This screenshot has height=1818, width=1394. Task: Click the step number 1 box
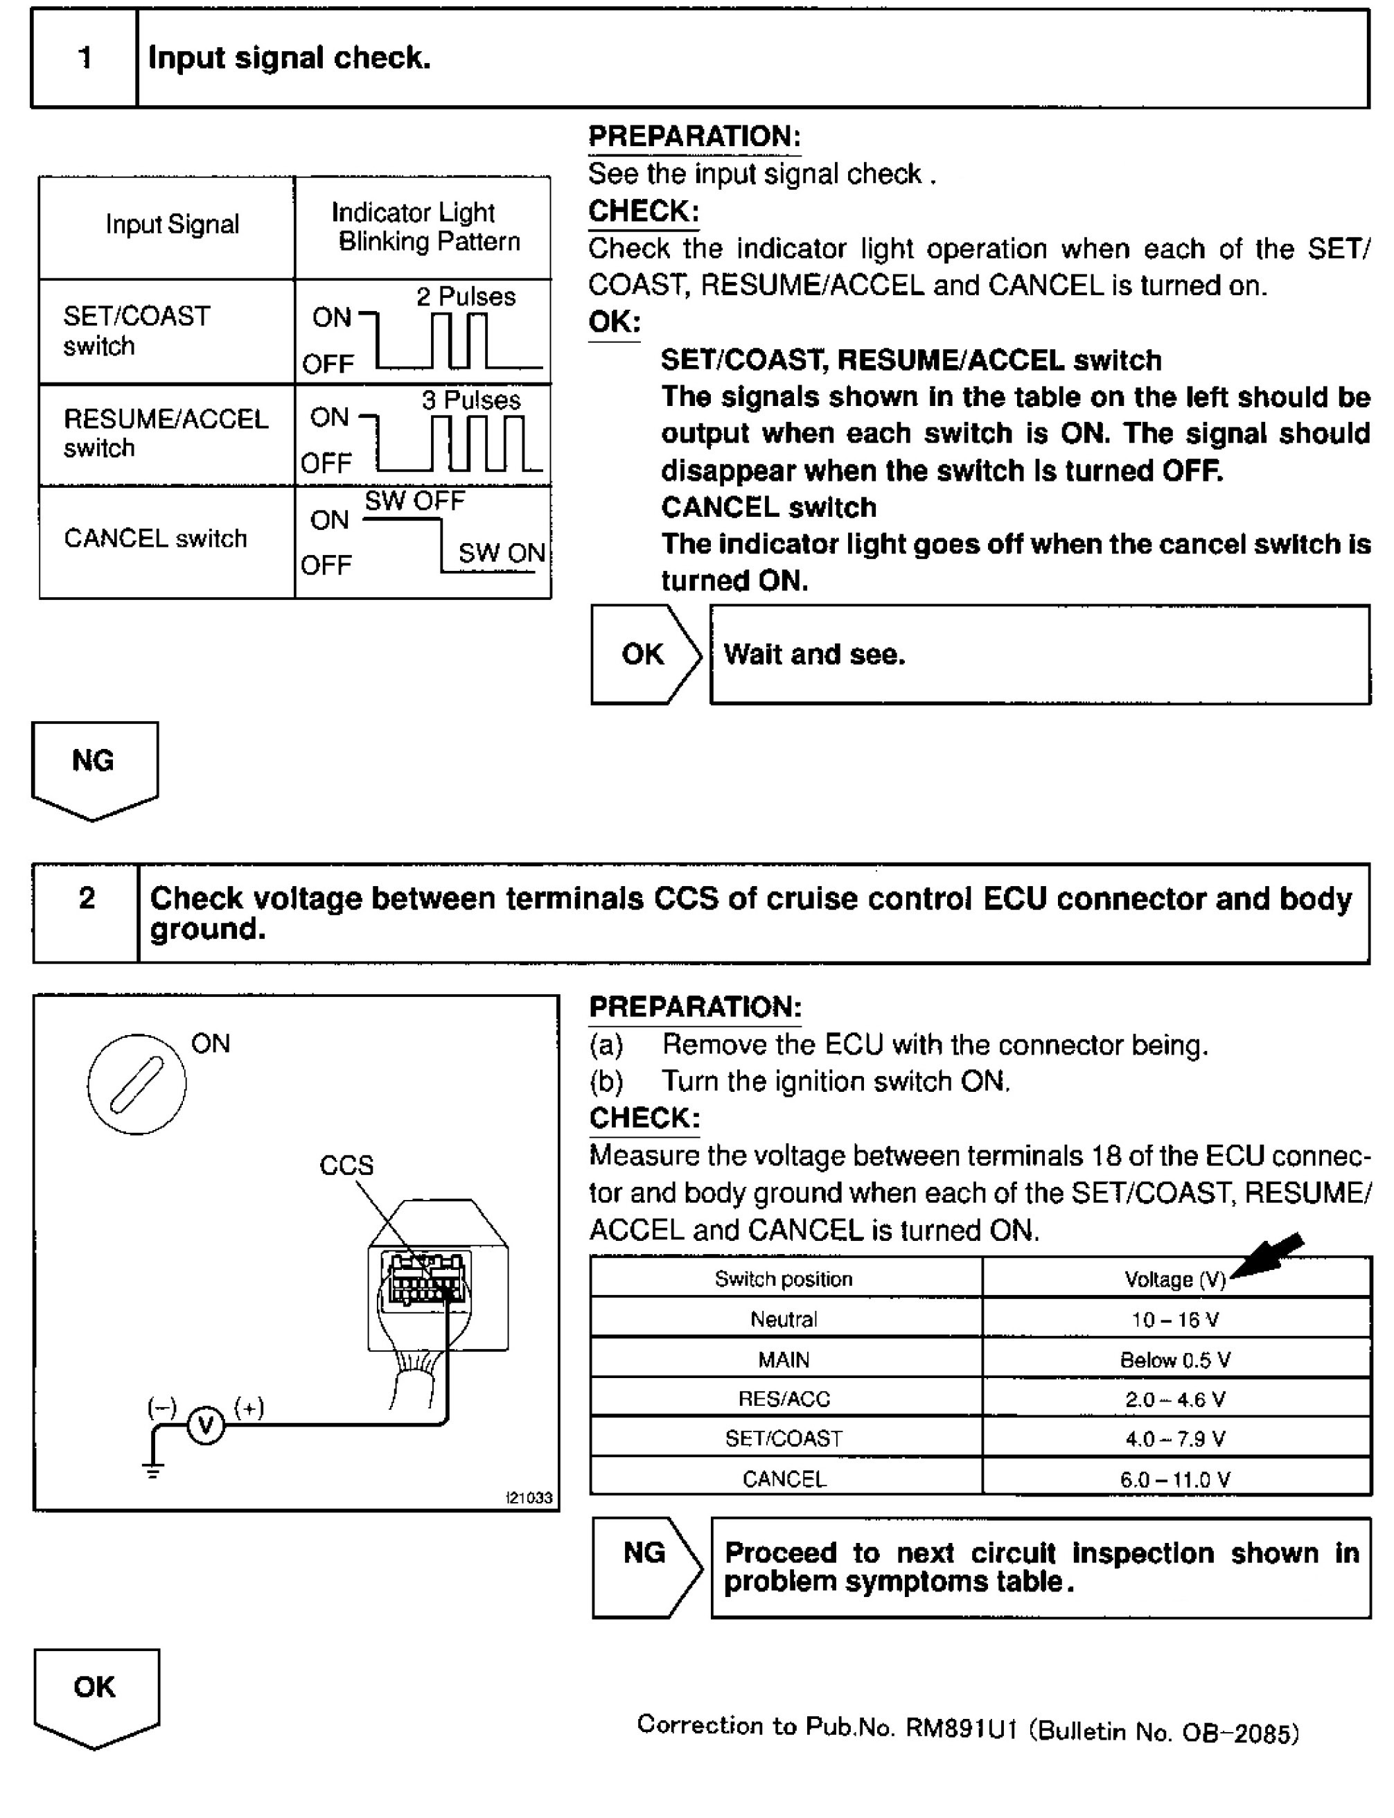84,58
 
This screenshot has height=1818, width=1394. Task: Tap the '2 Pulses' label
466,297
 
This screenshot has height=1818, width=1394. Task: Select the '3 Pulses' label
470,400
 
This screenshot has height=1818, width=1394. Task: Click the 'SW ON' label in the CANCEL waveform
501,553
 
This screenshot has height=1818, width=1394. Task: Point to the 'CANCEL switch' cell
155,538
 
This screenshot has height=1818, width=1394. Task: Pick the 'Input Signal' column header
172,224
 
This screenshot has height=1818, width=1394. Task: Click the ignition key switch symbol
137,1084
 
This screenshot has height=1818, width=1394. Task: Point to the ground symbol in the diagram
152,1470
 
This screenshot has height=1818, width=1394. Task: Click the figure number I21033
529,1498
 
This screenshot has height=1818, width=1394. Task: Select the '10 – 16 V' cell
1175,1319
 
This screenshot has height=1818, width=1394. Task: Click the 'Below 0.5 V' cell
1175,1359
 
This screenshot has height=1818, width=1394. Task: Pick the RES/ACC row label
784,1399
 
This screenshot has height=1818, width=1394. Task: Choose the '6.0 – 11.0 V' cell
1175,1479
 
